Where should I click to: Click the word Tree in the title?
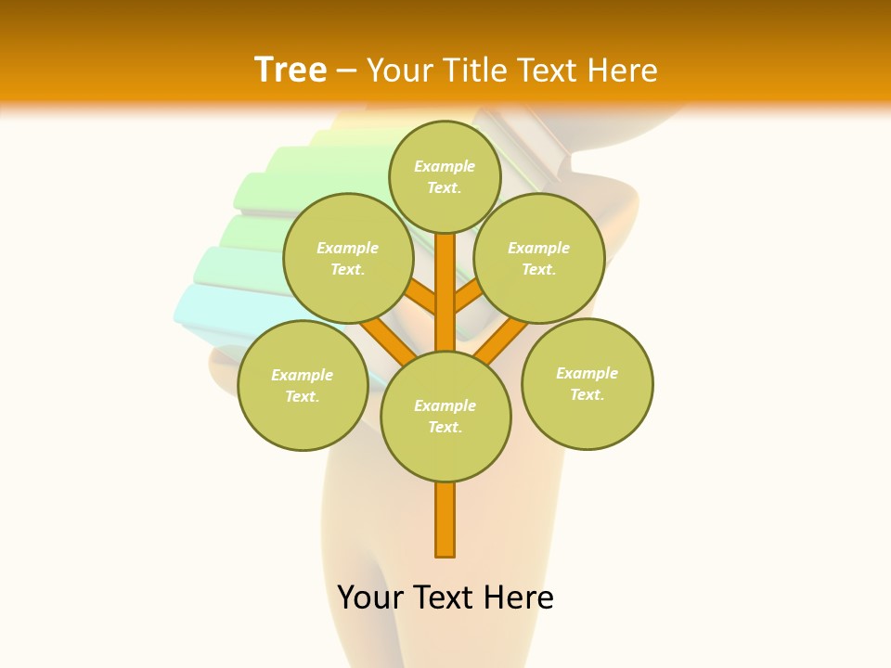tap(291, 71)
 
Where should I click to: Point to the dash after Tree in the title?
tap(347, 71)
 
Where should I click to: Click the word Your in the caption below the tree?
tap(369, 597)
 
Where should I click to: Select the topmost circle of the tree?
tap(445, 176)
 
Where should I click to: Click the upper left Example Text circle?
tap(347, 258)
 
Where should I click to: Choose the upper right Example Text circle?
tap(539, 258)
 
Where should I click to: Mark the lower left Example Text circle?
tap(303, 385)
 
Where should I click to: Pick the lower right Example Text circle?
tap(588, 383)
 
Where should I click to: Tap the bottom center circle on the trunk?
tap(445, 416)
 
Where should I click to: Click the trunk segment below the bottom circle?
tap(445, 520)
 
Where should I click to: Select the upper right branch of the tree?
tap(469, 297)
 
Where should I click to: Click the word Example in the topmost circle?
tap(445, 166)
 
